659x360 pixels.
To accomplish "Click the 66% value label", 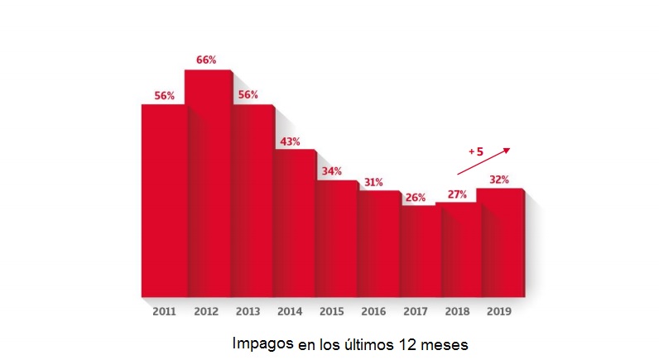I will pyautogui.click(x=206, y=60).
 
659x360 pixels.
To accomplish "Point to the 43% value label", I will pyautogui.click(x=290, y=142).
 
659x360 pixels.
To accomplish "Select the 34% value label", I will pyautogui.click(x=331, y=171).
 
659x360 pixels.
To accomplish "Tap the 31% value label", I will pyautogui.click(x=373, y=182).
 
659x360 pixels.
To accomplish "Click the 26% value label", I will pyautogui.click(x=416, y=197).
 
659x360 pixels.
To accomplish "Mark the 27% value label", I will pyautogui.click(x=457, y=194).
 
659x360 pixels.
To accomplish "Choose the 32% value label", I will pyautogui.click(x=498, y=179).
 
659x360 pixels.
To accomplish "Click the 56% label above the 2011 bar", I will pyautogui.click(x=164, y=95).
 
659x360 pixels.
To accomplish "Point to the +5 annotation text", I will pyautogui.click(x=475, y=151).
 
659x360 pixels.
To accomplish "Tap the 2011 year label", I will pyautogui.click(x=164, y=312).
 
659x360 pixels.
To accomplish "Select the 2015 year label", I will pyautogui.click(x=331, y=312).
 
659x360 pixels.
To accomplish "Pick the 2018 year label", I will pyautogui.click(x=457, y=312).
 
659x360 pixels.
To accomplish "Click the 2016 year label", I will pyautogui.click(x=373, y=312).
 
